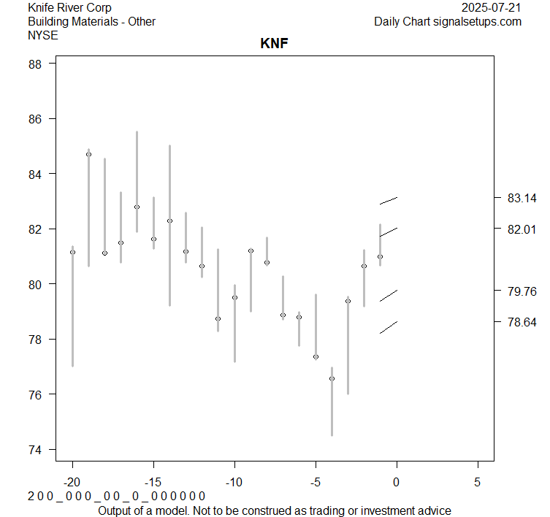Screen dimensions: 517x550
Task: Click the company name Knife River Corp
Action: [69, 8]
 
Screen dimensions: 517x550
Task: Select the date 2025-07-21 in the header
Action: [492, 8]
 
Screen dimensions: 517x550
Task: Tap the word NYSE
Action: [43, 34]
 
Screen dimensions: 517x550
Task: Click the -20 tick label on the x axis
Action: [72, 483]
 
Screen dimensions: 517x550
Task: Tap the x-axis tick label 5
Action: [478, 483]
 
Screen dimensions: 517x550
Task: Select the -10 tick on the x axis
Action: [234, 483]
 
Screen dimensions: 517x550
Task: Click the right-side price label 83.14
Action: [522, 198]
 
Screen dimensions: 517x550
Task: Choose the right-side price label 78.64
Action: [522, 322]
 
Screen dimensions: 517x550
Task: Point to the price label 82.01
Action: [522, 229]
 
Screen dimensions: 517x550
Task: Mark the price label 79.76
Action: [522, 291]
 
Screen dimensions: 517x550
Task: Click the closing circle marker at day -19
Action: [88, 154]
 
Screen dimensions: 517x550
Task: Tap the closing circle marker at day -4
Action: [332, 378]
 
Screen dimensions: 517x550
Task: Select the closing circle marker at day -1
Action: [380, 256]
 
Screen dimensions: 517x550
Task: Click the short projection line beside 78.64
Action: [388, 327]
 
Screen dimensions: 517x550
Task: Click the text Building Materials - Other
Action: [91, 21]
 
